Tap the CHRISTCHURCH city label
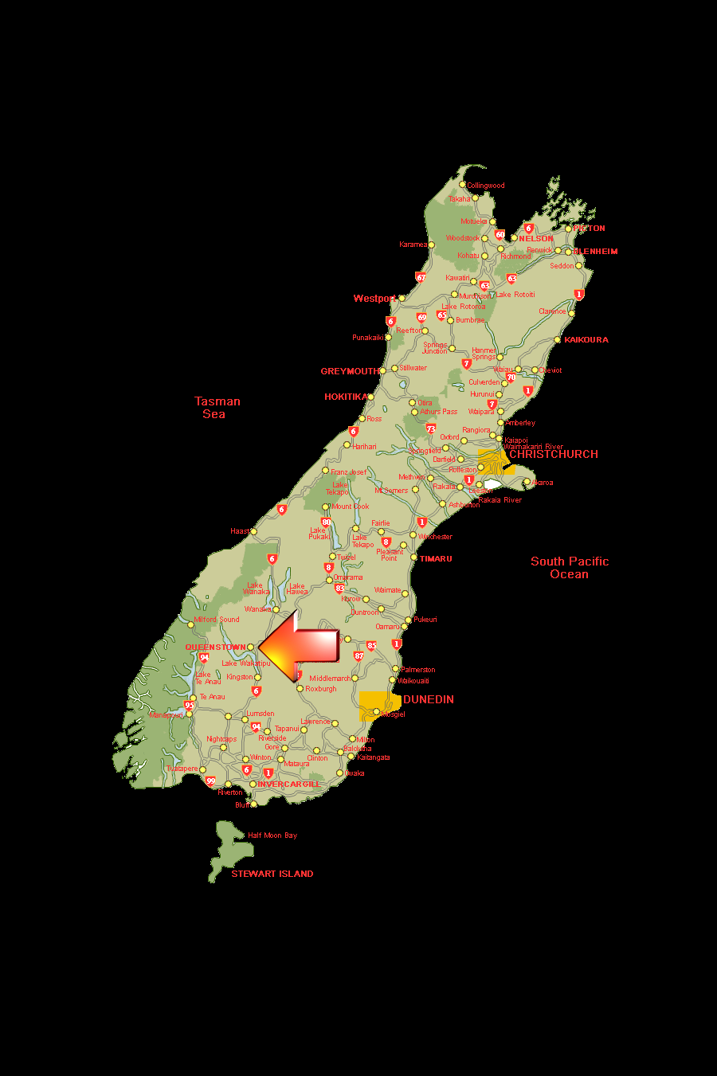pyautogui.click(x=554, y=454)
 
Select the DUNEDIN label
pyautogui.click(x=429, y=699)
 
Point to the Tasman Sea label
pyautogui.click(x=217, y=408)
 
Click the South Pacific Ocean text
pyautogui.click(x=570, y=568)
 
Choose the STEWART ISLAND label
pyautogui.click(x=272, y=874)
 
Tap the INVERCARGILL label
pyautogui.click(x=288, y=785)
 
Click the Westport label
pyautogui.click(x=374, y=299)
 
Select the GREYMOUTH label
pyautogui.click(x=350, y=371)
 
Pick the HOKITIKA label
pyautogui.click(x=346, y=397)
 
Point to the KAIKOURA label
pyautogui.click(x=586, y=340)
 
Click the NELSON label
pyautogui.click(x=536, y=238)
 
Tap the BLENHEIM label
pyautogui.click(x=596, y=252)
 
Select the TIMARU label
pyautogui.click(x=437, y=559)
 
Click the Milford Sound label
pyautogui.click(x=217, y=620)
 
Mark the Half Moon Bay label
pyautogui.click(x=272, y=835)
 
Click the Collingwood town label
pyautogui.click(x=486, y=186)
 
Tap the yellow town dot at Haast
pyautogui.click(x=254, y=531)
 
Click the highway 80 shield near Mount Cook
pyautogui.click(x=326, y=522)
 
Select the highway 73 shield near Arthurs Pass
pyautogui.click(x=431, y=428)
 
